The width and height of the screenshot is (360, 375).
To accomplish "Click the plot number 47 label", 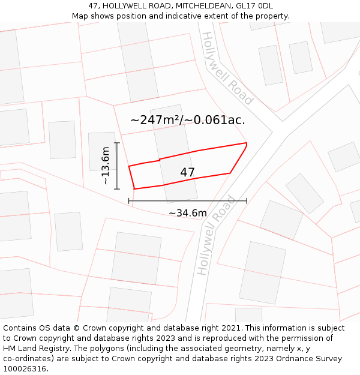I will pyautogui.click(x=187, y=172).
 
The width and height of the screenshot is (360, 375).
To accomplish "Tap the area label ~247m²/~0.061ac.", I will pyautogui.click(x=188, y=120).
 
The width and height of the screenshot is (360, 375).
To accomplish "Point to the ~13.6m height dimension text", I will pyautogui.click(x=106, y=165).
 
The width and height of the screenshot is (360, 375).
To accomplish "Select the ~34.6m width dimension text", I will pyautogui.click(x=187, y=213).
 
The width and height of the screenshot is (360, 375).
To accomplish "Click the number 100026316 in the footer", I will pyautogui.click(x=25, y=369).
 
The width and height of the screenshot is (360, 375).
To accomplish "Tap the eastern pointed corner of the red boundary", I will pyautogui.click(x=247, y=143).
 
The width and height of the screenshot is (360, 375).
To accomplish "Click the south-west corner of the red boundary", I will pyautogui.click(x=134, y=189).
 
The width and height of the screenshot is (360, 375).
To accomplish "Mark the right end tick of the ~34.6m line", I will pyautogui.click(x=247, y=200).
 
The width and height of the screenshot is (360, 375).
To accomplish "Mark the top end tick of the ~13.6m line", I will pyautogui.click(x=117, y=143).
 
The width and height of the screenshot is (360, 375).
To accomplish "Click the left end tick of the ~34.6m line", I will pyautogui.click(x=129, y=200).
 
